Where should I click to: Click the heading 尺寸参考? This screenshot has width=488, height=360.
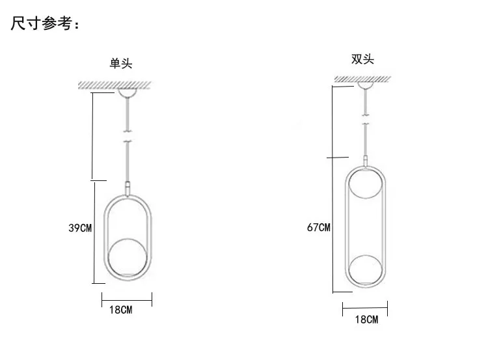coord(42,23)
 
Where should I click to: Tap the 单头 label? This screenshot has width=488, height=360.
coord(121,63)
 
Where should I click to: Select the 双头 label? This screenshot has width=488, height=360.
coord(362,59)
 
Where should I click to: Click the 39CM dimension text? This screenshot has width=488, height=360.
coord(80,228)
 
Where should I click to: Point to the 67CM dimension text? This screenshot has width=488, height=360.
coord(318,227)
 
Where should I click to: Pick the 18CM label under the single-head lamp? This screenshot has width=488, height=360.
coord(121,310)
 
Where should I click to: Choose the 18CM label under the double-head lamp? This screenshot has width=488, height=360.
coord(366,319)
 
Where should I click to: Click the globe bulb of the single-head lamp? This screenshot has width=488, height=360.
coord(127,258)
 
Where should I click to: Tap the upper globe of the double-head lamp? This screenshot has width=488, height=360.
coord(366,183)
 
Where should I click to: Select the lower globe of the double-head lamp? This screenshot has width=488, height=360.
coord(366,270)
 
